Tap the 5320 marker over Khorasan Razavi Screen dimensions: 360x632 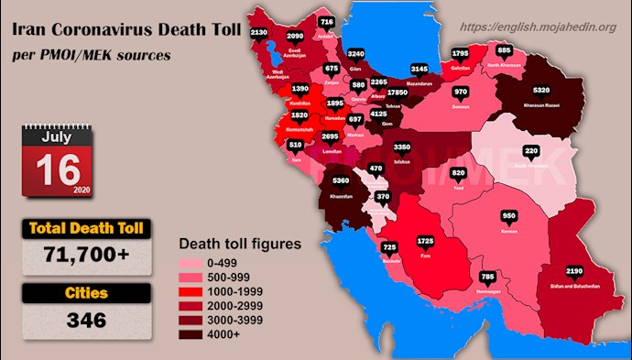[x=540, y=91]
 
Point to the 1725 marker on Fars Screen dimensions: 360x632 [x=425, y=241]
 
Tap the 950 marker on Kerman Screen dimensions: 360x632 [x=510, y=217]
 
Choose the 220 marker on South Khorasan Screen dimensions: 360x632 [x=531, y=151]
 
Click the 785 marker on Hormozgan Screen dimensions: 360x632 [x=488, y=276]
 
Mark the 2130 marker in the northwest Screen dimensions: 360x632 [x=259, y=33]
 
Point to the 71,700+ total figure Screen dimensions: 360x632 [x=88, y=258]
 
